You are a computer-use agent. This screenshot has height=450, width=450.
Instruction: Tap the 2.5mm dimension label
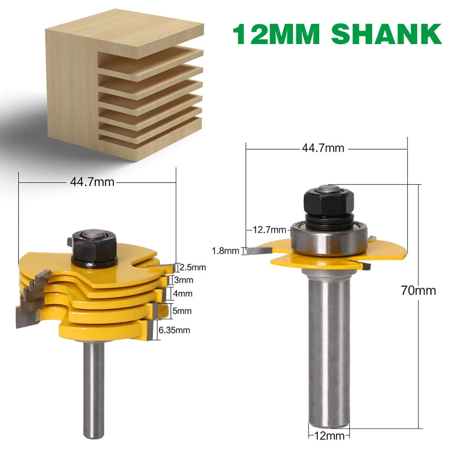(192, 267)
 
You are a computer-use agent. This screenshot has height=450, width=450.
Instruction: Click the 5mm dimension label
(183, 311)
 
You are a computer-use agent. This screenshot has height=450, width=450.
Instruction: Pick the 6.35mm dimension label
(174, 330)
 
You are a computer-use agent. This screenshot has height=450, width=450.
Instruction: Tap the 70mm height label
(418, 290)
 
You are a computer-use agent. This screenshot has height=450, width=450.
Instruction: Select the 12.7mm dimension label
(269, 230)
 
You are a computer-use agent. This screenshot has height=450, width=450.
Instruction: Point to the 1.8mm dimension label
(225, 251)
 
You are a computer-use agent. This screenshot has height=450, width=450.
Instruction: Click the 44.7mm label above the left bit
(92, 182)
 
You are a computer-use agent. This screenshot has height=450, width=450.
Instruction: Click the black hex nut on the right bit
(328, 201)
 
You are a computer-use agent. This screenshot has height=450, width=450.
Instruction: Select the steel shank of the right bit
(328, 351)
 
